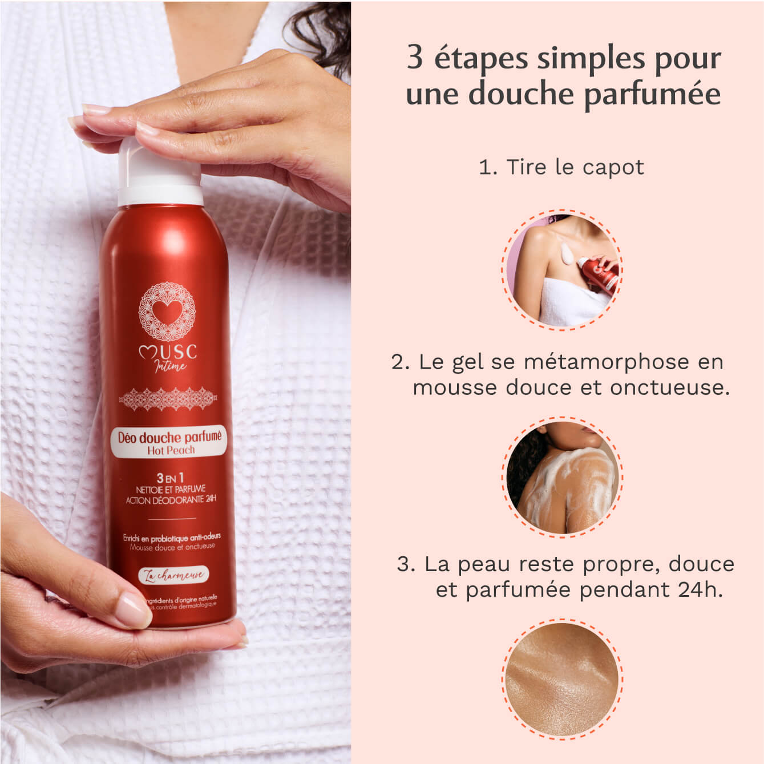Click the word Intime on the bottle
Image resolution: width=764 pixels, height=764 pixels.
click(171, 365)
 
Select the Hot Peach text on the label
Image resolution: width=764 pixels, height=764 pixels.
click(171, 450)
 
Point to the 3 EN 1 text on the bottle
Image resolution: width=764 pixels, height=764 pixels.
click(170, 478)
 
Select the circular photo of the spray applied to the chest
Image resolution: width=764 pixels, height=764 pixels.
click(562, 269)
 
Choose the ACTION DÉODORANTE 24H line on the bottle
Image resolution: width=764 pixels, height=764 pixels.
click(171, 500)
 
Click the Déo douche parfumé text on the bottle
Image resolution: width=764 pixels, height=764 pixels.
click(169, 437)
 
